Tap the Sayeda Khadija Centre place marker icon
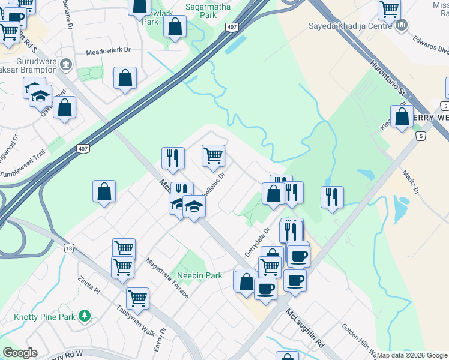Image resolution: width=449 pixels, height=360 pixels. pos(402,26)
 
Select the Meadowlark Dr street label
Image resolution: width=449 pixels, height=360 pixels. pos(108,52)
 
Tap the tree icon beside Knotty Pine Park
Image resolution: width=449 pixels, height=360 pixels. pos(85,315)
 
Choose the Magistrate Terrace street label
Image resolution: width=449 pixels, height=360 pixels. pos(167,277)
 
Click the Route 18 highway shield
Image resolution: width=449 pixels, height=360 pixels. pos(70,248)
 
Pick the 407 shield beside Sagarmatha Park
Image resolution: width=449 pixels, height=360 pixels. pos(232,28)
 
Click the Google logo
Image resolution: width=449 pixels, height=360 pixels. pos(19,353)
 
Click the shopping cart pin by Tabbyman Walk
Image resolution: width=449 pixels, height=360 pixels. pos(137,298)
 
